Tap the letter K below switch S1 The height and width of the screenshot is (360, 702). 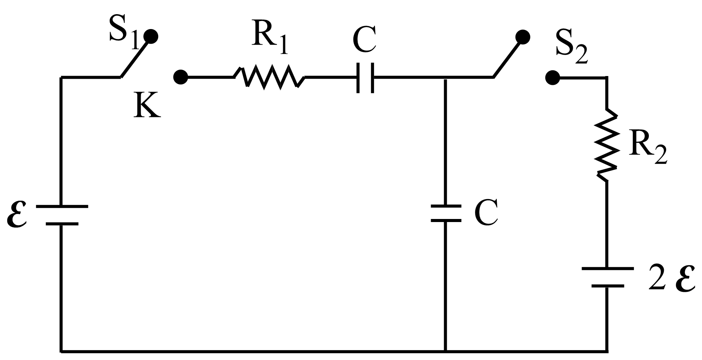click(x=148, y=106)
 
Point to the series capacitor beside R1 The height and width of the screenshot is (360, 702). click(x=365, y=78)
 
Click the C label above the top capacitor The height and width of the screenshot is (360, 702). click(x=364, y=39)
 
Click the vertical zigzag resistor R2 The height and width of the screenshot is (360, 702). click(x=606, y=146)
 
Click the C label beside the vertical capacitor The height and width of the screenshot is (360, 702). click(x=486, y=213)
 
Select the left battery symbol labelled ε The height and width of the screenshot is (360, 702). click(x=62, y=215)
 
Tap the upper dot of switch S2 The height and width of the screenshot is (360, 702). click(x=522, y=37)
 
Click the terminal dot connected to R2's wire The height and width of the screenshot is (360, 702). click(x=552, y=78)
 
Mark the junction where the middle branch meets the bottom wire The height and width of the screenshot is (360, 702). click(x=446, y=350)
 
